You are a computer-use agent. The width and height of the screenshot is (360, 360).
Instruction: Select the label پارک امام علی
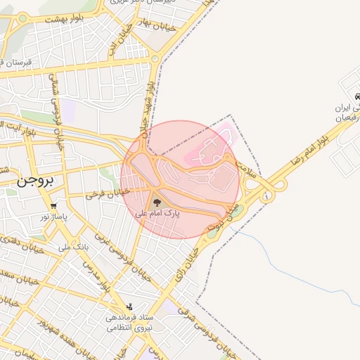click(157, 212)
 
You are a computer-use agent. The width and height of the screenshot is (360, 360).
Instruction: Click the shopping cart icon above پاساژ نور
click(54, 206)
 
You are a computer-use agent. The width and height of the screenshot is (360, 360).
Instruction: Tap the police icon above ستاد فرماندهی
click(129, 307)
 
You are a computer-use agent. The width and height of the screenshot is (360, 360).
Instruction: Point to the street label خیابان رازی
click(185, 262)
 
